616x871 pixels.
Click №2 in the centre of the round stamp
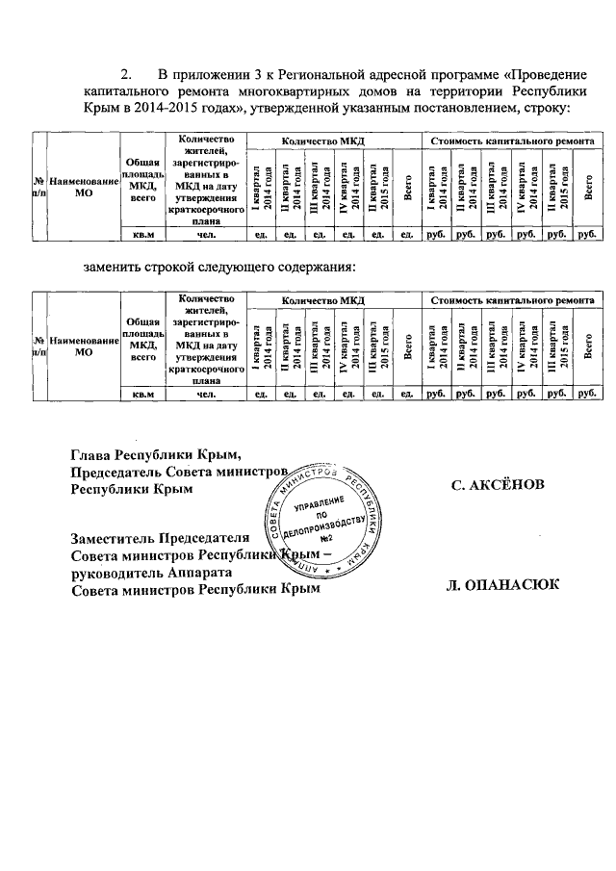pos(325,538)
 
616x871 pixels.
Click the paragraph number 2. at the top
pos(124,74)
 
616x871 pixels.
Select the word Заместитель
pos(118,538)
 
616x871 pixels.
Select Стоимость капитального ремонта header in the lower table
pos(511,301)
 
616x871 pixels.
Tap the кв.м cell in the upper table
pos(142,233)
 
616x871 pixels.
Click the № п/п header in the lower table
pos(39,345)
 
